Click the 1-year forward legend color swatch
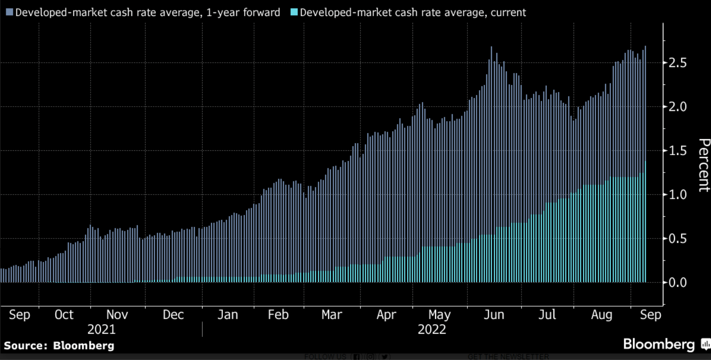pos(9,12)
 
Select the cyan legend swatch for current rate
pos(294,12)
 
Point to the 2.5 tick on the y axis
pos(678,63)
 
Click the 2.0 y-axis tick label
pos(678,107)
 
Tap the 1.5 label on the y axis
pos(678,151)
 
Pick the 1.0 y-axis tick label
pos(678,195)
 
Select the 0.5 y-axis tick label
pos(678,239)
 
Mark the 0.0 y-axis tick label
pos(678,283)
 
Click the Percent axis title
pos(704,165)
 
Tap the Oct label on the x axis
pos(64,315)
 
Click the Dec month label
pos(173,315)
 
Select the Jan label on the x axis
pos(228,315)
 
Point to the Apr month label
pos(386,315)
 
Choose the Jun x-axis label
pos(494,315)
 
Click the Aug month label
pos(602,315)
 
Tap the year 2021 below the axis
pos(101,330)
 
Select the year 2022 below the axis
pos(432,330)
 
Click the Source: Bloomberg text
pos(59,346)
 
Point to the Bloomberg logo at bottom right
pos(659,344)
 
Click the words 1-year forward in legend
pos(243,13)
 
